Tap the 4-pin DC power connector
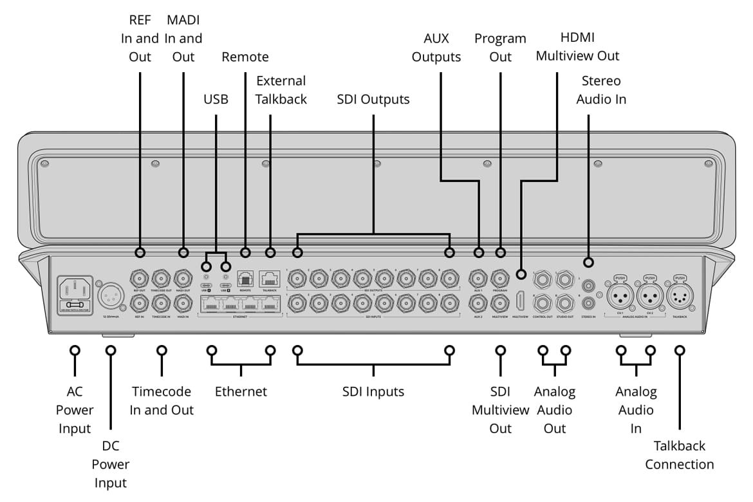click(x=109, y=296)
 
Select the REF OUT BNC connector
click(x=140, y=279)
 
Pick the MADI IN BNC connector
click(x=183, y=301)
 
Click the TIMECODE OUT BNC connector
click(x=161, y=279)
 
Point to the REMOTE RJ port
click(x=245, y=278)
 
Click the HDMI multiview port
click(x=521, y=301)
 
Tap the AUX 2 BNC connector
click(x=478, y=301)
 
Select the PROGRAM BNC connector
click(x=500, y=279)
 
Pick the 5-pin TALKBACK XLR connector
click(x=679, y=297)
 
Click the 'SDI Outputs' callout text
click(x=373, y=100)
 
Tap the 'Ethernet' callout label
click(x=241, y=391)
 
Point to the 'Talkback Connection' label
click(x=680, y=455)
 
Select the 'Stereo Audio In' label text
click(x=601, y=90)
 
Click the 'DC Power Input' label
click(x=110, y=464)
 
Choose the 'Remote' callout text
click(x=245, y=57)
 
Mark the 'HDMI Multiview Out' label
click(x=577, y=47)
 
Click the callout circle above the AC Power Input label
click(x=75, y=351)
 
